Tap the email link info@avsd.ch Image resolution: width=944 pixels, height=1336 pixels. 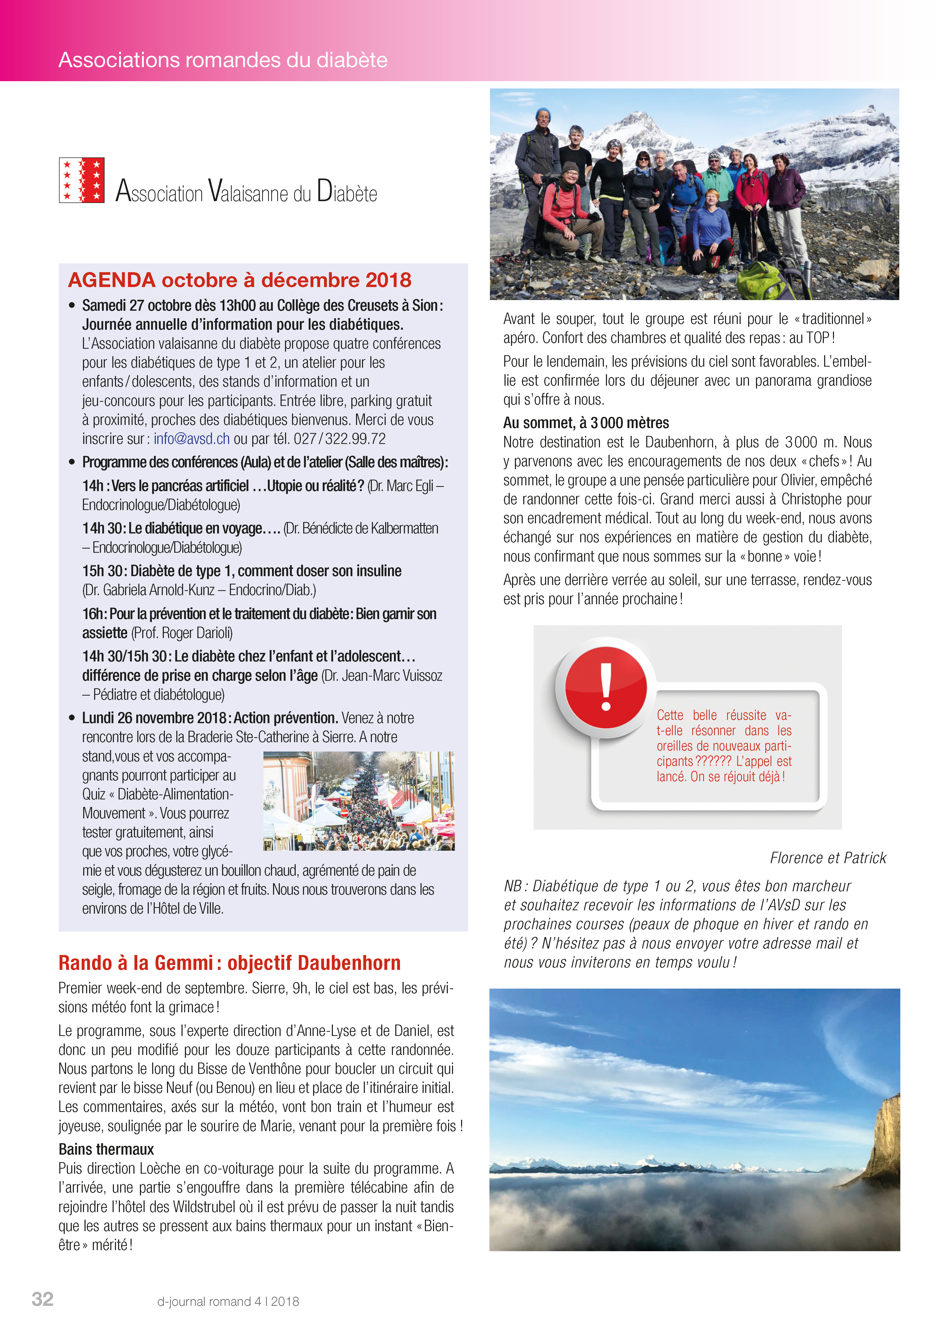[191, 439]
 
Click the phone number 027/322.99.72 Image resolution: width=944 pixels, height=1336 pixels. [340, 439]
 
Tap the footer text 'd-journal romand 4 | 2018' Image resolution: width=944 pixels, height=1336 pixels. [228, 1302]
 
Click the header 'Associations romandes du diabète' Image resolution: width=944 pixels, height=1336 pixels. [223, 60]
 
